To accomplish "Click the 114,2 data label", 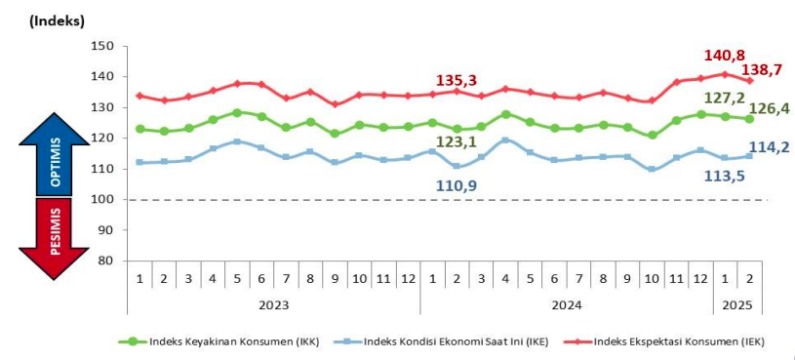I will [x=770, y=146].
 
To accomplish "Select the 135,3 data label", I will [x=456, y=79].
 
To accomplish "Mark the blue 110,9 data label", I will [x=456, y=184].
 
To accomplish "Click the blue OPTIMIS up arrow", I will [x=55, y=155].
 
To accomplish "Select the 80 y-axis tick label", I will [x=107, y=261].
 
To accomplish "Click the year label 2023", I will [x=272, y=304].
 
